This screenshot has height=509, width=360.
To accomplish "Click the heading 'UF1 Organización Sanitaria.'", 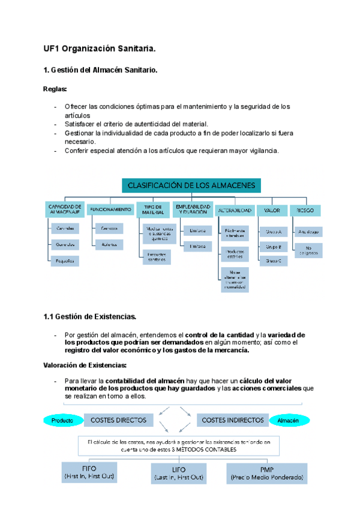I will tap(100, 47).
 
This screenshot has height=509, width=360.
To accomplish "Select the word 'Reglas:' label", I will tap(55, 89).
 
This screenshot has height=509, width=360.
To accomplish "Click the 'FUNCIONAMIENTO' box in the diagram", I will tap(110, 209).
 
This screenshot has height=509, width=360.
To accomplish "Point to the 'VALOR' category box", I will tap(272, 210).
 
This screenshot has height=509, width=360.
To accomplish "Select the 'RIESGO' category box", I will tap(305, 210).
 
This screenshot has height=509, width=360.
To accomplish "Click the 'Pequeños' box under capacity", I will tap(65, 261).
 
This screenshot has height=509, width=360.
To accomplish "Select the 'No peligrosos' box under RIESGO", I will tap(308, 250).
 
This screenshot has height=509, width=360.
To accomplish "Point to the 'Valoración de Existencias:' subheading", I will tap(85, 365).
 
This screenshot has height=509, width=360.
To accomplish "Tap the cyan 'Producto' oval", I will tap(62, 421).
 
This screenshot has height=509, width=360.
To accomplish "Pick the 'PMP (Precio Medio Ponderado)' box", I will tap(265, 473).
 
